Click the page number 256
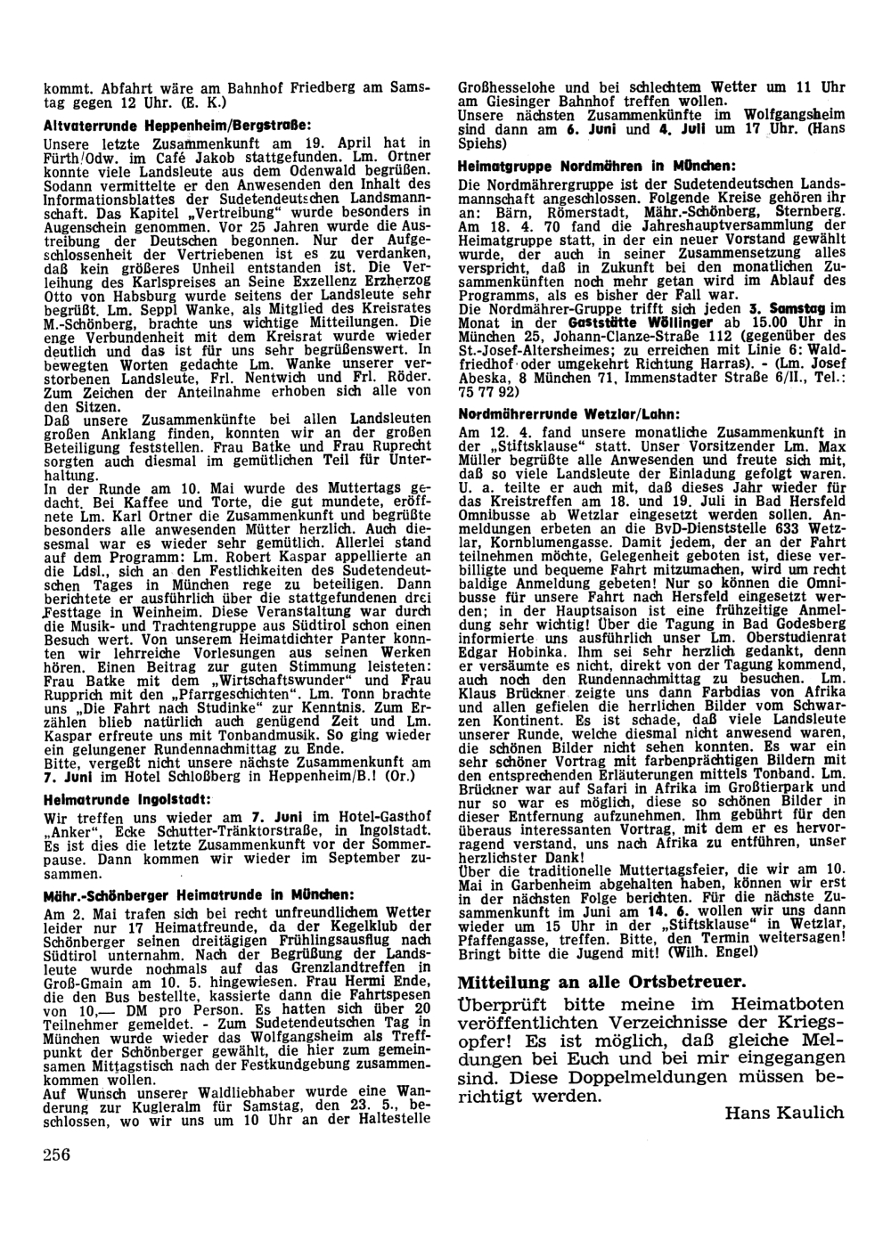point(56,1155)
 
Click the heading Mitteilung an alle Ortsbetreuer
point(601,982)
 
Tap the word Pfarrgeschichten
point(198,694)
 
